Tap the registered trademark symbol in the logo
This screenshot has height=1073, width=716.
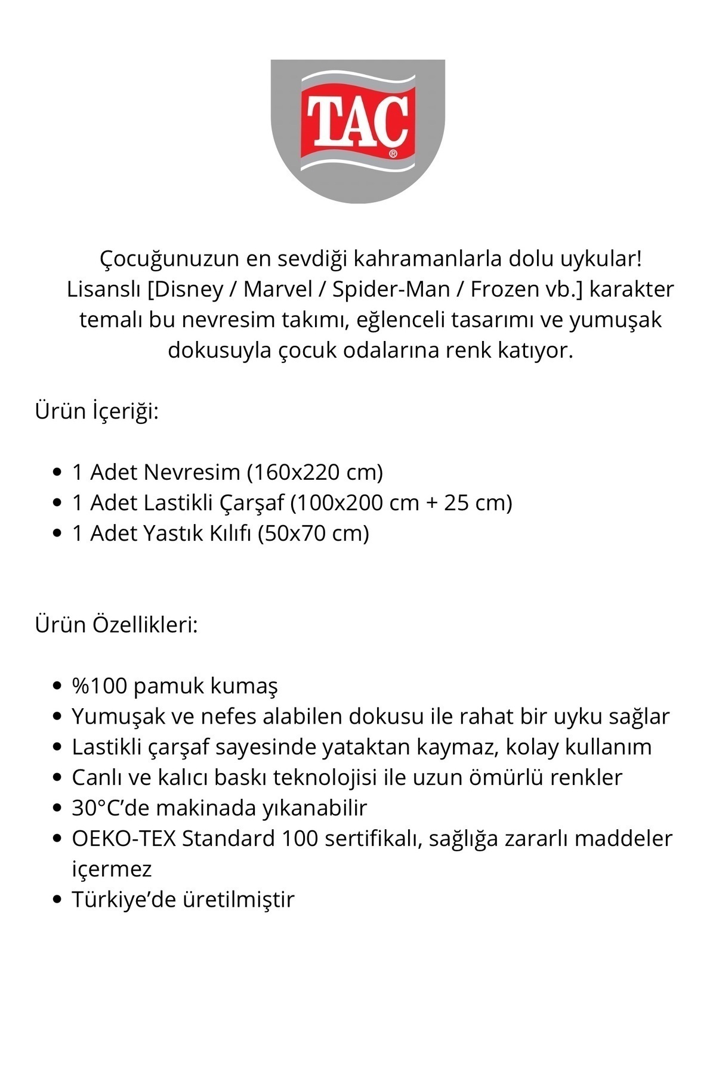393,153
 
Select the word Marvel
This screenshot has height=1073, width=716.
278,290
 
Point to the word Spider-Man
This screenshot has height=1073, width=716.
391,290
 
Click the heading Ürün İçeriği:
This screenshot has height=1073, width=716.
97,411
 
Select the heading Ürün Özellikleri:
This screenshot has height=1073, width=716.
116,625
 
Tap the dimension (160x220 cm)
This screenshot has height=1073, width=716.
314,472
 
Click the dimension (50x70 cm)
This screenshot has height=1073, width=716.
313,533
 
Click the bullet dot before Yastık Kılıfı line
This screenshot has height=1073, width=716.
57,533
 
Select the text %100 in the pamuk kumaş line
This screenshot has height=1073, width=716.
100,686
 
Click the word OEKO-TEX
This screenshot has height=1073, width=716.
124,839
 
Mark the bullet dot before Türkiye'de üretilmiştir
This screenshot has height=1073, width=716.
57,900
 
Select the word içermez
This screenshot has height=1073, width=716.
112,869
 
